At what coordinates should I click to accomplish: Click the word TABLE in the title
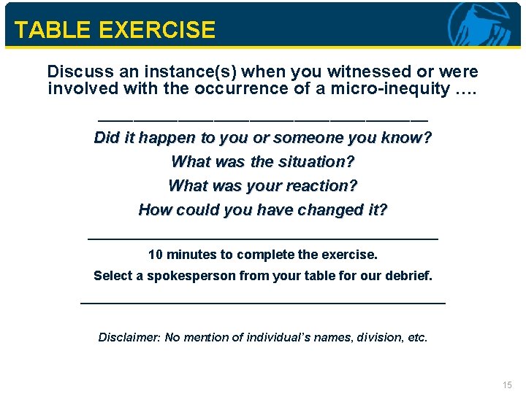click(x=47, y=30)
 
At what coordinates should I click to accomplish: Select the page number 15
click(x=508, y=385)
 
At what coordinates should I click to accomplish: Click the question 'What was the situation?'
click(x=263, y=161)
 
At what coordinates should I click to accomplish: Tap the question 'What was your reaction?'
click(x=263, y=185)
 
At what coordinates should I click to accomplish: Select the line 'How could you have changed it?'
click(x=263, y=209)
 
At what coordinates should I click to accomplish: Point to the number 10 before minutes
click(x=156, y=255)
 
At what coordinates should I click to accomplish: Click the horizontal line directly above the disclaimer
click(x=262, y=302)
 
